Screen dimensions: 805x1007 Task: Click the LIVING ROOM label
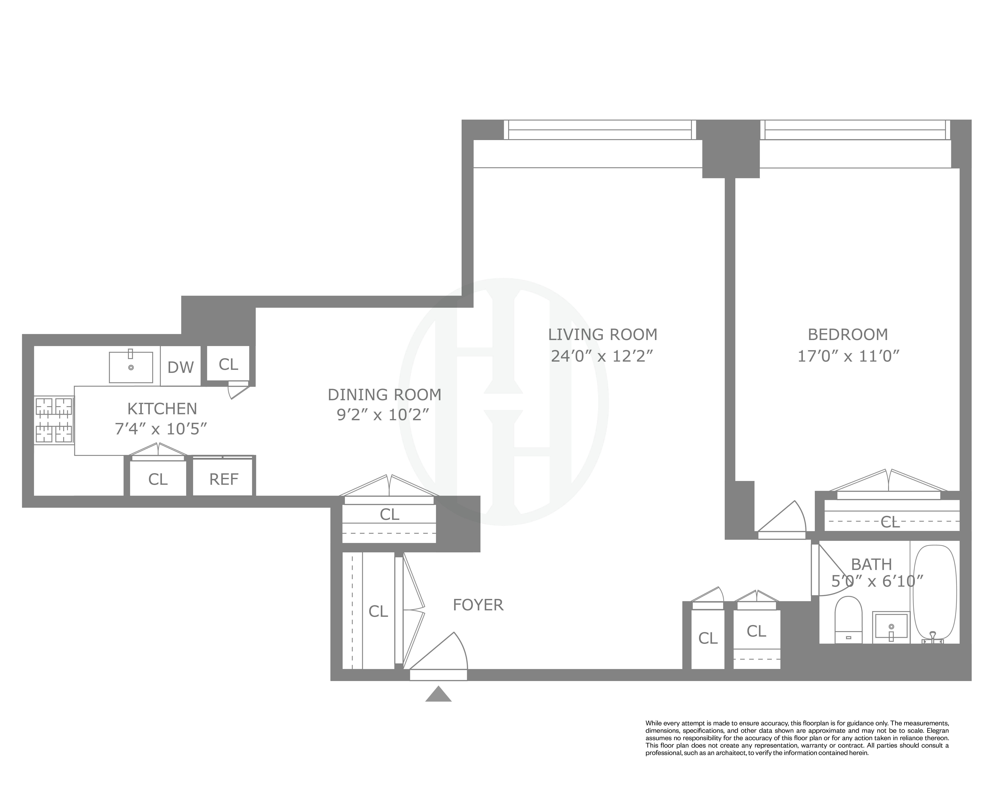tap(603, 335)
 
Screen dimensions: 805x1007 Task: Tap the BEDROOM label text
tap(848, 335)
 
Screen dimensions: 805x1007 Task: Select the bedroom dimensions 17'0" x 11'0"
tap(848, 356)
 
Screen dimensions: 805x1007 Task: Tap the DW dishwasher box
tap(180, 367)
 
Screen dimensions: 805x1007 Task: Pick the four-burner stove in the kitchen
tap(54, 420)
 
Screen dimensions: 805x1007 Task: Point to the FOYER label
tap(478, 605)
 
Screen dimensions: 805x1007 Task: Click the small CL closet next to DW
tap(228, 364)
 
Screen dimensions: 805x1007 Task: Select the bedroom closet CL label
tap(890, 522)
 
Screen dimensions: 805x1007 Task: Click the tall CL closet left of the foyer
tap(378, 611)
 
